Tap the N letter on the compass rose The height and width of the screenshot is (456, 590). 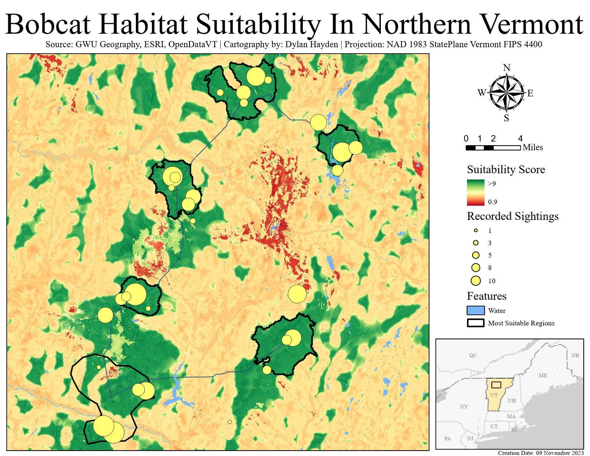tap(506, 68)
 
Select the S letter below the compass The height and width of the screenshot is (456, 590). tap(506, 118)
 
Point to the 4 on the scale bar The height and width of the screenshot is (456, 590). tap(520, 138)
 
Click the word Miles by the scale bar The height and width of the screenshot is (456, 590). tap(533, 147)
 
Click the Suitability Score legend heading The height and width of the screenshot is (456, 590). tap(506, 169)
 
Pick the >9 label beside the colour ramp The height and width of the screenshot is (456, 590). tap(492, 184)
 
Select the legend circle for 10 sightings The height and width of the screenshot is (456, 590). tap(476, 281)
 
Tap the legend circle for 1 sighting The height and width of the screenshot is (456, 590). tap(476, 231)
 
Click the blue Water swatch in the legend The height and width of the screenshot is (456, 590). tap(476, 310)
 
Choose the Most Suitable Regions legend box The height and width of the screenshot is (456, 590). tap(476, 323)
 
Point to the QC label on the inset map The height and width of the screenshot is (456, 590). tap(473, 356)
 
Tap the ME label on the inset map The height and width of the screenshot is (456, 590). tap(542, 376)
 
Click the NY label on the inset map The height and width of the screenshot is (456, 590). tap(463, 407)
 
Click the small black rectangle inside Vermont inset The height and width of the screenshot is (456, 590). tap(496, 385)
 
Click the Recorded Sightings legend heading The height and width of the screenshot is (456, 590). tap(512, 216)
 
